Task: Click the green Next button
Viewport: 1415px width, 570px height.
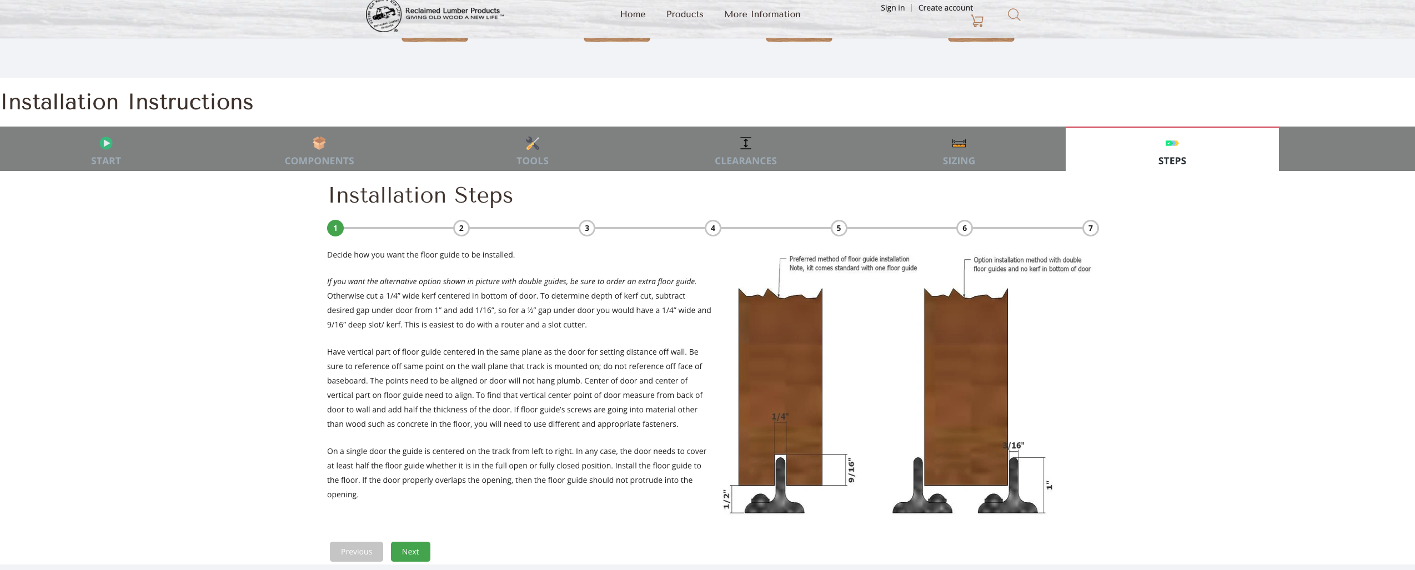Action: [410, 552]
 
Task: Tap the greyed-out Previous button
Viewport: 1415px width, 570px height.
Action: [357, 552]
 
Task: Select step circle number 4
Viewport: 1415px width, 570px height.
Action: [713, 228]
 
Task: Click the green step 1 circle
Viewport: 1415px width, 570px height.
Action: [335, 228]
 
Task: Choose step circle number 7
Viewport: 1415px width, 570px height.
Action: [1091, 228]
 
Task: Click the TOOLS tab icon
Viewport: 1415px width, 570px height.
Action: [533, 143]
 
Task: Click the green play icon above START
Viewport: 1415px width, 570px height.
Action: [106, 143]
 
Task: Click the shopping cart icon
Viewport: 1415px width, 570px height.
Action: [977, 21]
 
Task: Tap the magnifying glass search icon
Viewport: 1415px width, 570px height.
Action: [1014, 15]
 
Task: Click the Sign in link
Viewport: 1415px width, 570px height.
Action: [892, 8]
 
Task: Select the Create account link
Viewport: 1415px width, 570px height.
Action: [946, 8]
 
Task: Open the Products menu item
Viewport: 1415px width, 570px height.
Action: [685, 14]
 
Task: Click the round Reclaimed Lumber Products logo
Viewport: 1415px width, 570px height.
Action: [384, 16]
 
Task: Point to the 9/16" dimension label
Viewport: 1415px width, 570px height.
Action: [851, 471]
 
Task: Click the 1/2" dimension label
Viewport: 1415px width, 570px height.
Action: [726, 499]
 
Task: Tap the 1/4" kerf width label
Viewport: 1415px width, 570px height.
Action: [780, 416]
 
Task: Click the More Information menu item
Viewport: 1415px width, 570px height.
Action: [762, 14]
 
